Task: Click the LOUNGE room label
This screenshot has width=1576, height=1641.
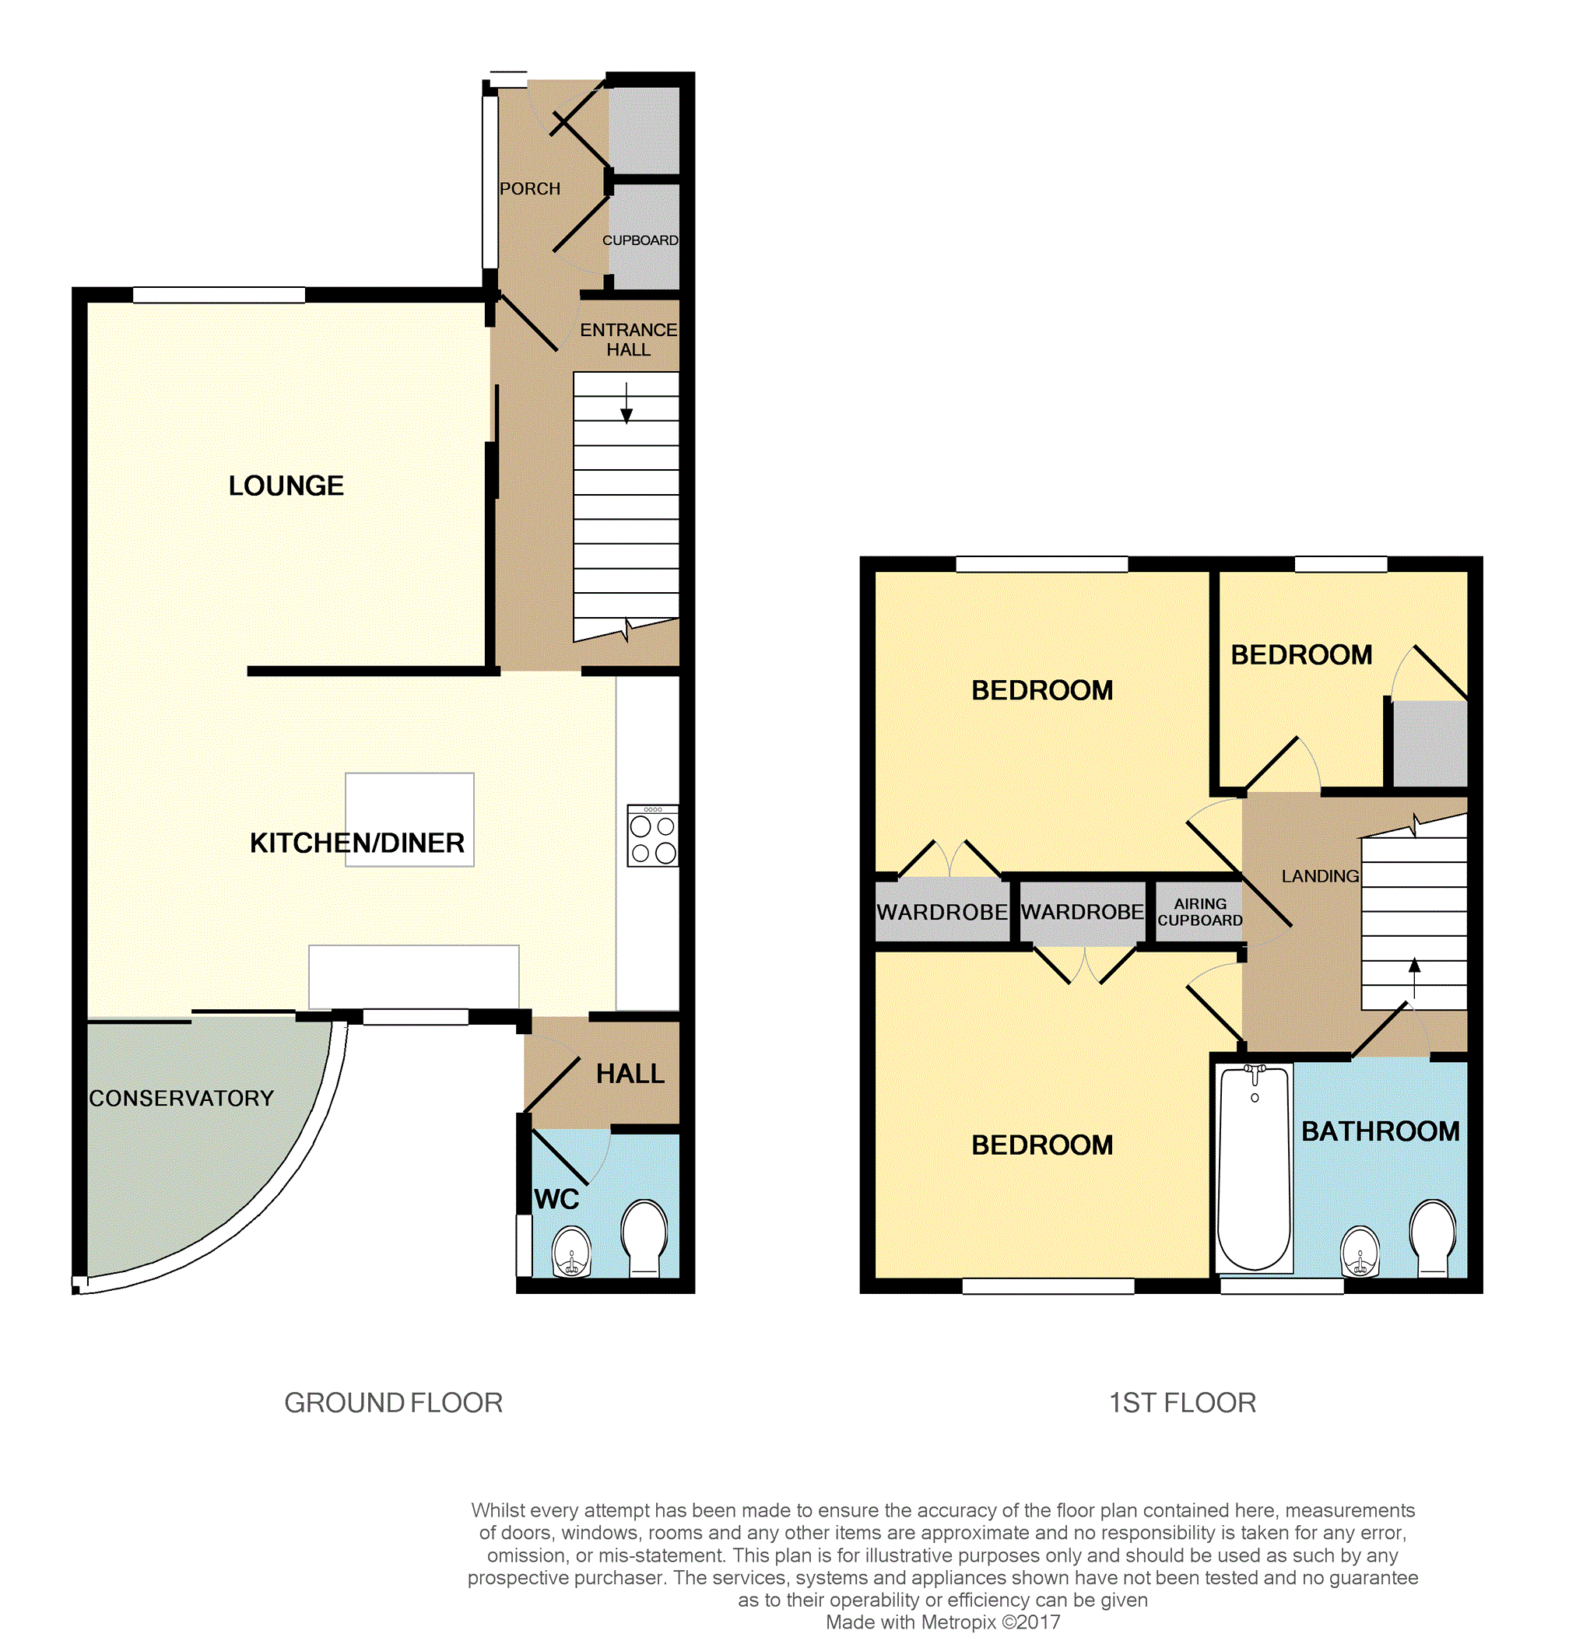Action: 286,486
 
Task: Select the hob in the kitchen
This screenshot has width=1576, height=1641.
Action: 653,836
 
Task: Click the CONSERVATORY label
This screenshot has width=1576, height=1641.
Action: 181,1099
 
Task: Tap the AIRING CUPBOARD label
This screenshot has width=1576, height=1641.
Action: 1200,912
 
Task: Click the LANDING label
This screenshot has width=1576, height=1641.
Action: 1321,876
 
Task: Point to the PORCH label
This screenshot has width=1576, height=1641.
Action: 530,189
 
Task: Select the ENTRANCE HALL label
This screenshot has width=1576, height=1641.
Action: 629,340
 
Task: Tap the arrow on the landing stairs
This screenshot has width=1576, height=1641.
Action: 1415,979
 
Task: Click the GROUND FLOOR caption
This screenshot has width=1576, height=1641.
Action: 394,1402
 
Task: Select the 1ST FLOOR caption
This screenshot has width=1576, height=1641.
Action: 1182,1402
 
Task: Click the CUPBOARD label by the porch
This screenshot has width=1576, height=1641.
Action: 641,240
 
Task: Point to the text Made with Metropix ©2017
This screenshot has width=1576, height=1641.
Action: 943,1622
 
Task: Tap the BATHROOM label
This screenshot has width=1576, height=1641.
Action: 1381,1131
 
